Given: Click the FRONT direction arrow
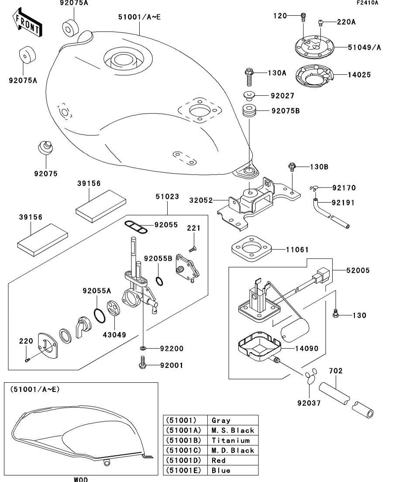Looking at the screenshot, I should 27,24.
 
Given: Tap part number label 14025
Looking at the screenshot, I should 359,75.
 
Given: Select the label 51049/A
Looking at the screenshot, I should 364,47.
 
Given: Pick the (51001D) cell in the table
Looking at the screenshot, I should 185,460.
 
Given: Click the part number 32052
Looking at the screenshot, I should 201,200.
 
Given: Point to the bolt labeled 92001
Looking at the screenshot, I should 142,364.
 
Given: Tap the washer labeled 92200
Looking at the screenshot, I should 143,348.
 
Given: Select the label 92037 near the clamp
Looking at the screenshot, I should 309,403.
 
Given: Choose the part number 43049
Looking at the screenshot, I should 114,335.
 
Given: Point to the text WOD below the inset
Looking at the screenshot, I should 81,479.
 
